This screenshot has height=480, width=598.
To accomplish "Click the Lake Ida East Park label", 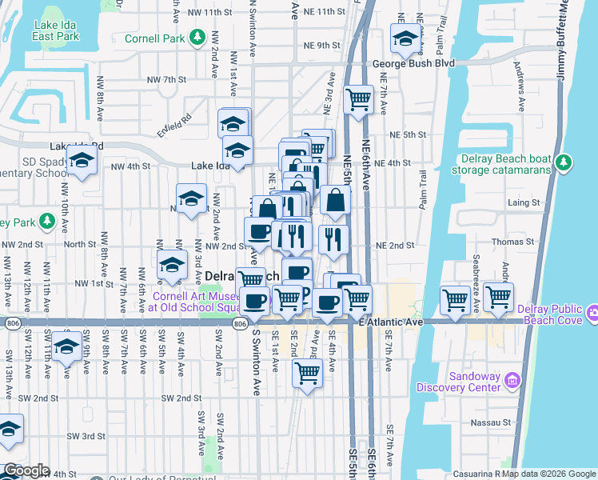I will point(57,30).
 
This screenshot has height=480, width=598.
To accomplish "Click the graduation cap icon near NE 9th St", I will point(405,38).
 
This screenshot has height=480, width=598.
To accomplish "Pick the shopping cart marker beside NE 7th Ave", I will point(359,99).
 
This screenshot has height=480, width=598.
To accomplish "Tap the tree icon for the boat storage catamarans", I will point(564,163).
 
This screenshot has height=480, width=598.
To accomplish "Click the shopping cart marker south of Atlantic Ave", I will point(307,372).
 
